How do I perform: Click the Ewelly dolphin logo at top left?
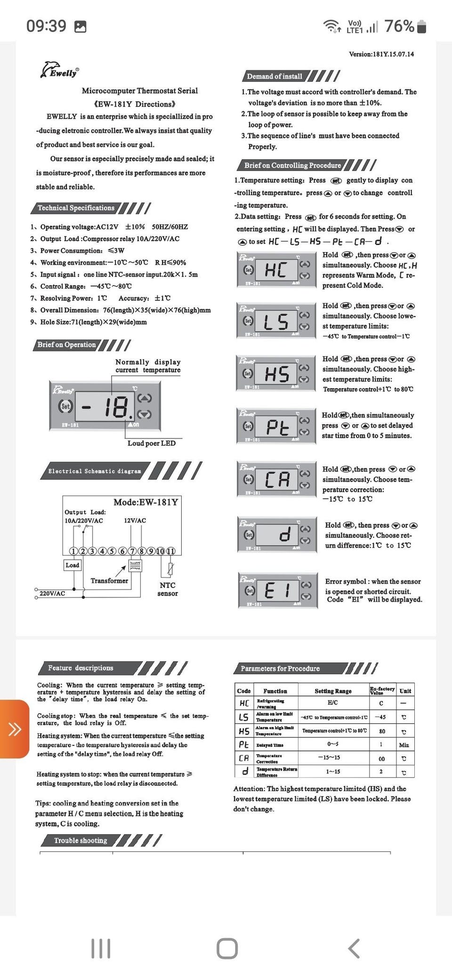59,70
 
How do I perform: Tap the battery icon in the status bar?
422,27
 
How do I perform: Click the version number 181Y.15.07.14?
381,54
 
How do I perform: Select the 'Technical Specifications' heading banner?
76,208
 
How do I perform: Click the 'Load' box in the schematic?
73,565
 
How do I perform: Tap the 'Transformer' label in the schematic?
109,581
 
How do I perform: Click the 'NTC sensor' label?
168,589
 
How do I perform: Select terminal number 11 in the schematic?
170,551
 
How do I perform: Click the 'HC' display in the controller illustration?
275,270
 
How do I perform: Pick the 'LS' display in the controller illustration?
275,322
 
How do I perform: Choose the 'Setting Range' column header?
333,691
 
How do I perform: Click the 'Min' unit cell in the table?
404,745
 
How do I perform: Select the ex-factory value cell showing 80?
382,731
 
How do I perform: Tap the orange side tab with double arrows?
15,729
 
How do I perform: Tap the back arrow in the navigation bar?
354,948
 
